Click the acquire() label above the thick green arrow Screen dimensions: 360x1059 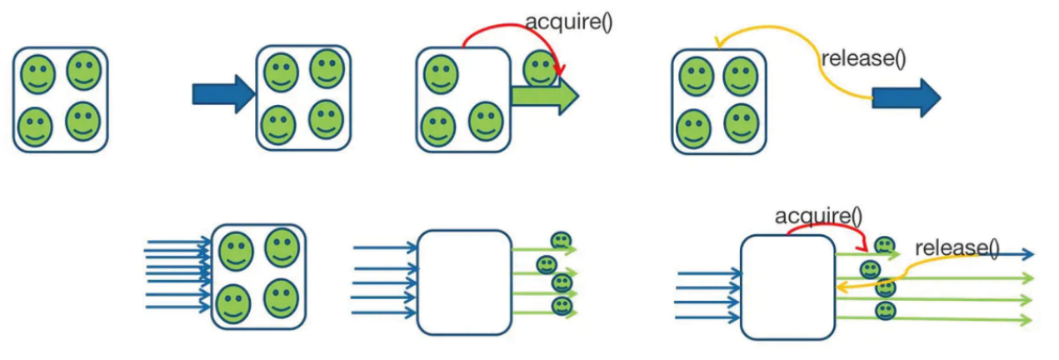(x=569, y=21)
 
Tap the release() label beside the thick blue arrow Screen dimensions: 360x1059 (x=863, y=59)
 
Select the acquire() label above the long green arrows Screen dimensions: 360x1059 (x=818, y=216)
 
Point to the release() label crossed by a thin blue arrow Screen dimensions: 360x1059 (x=956, y=247)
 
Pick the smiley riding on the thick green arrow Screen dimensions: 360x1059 (x=541, y=69)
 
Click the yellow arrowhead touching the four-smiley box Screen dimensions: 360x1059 (x=717, y=42)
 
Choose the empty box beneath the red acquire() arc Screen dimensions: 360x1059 (x=787, y=287)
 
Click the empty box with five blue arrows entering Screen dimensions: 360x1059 (x=464, y=282)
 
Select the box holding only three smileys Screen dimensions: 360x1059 (x=462, y=99)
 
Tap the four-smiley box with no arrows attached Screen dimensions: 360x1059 (x=60, y=99)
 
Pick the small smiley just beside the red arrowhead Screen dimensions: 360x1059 (x=884, y=246)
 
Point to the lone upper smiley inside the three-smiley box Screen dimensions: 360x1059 (x=440, y=73)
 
